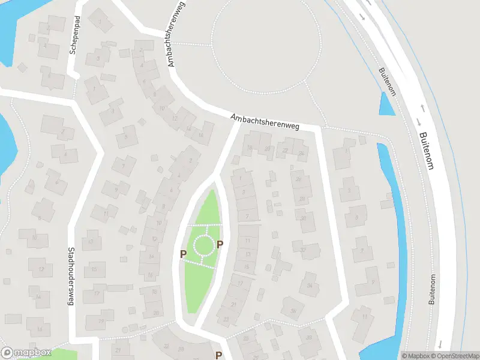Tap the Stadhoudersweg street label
tap(71, 277)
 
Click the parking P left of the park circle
tap(183, 254)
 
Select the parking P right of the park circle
tap(220, 244)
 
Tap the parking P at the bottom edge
tap(218, 355)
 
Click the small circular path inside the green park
tap(203, 245)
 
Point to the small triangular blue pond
tap(386, 106)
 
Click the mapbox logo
tap(26, 353)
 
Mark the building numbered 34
tap(310, 285)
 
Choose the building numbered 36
tap(293, 310)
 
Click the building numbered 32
tap(303, 249)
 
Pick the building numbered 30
tap(304, 218)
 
